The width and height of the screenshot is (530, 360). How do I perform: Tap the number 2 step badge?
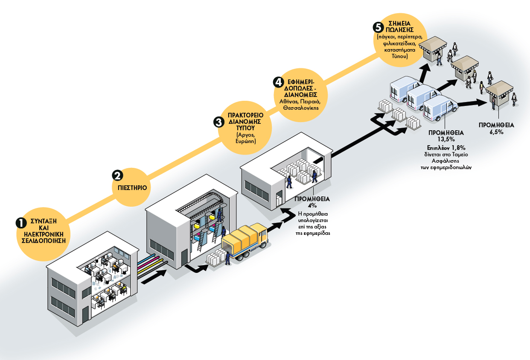[x=118, y=175]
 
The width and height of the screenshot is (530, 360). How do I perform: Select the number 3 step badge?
[x=218, y=122]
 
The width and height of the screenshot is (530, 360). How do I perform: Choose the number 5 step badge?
[x=378, y=27]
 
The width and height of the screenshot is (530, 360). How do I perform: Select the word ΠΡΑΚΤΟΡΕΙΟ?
[x=245, y=115]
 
